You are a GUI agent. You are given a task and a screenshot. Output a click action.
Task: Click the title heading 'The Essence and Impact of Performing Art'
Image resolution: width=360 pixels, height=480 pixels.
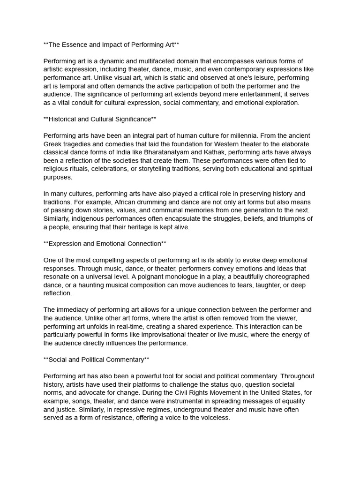tap(111, 45)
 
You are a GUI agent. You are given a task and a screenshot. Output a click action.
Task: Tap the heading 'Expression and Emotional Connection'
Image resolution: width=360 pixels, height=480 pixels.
tap(105, 243)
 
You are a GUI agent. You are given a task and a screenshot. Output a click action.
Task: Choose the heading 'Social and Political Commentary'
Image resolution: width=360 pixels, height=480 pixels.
tap(96, 360)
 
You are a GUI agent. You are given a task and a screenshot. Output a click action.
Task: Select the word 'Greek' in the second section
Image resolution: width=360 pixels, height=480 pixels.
tap(53, 144)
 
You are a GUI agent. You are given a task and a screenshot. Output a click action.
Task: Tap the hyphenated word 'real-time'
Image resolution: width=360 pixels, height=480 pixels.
tap(136, 326)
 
